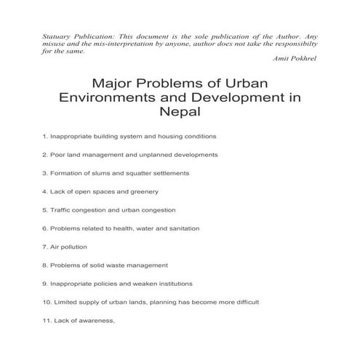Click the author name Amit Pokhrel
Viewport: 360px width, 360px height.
[x=299, y=58]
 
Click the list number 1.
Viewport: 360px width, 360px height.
[x=45, y=136]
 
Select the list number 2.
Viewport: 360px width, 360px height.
[x=45, y=155]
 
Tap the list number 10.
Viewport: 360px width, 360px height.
[x=47, y=302]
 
